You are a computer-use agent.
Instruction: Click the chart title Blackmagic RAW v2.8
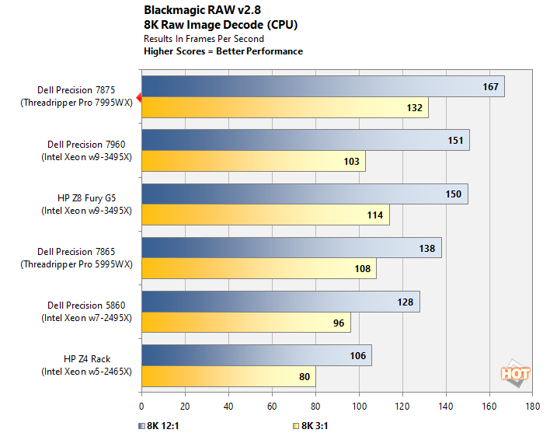(192, 11)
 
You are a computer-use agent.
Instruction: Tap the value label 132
(414, 107)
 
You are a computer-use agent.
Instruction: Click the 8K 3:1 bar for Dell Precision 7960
(252, 162)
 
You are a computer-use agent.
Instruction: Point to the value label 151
(455, 141)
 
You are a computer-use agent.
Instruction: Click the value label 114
(376, 215)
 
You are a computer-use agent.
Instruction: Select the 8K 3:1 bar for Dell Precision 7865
(258, 269)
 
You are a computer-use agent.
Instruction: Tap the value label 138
(427, 248)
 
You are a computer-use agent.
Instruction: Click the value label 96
(339, 323)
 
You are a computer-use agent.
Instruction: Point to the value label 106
(357, 356)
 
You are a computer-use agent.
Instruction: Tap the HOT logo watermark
(515, 374)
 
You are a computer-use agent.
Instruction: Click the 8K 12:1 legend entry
(164, 425)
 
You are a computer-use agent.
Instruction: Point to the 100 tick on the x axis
(359, 406)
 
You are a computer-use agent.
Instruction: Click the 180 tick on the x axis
(533, 406)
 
